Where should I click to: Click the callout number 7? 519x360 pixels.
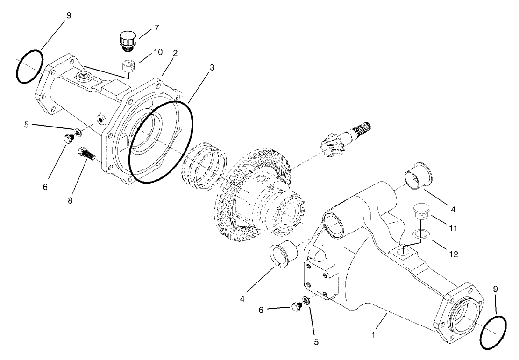156,28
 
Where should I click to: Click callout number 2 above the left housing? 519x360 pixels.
175,53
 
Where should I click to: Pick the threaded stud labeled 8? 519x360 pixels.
87,154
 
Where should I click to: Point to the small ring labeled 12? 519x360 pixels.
422,234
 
